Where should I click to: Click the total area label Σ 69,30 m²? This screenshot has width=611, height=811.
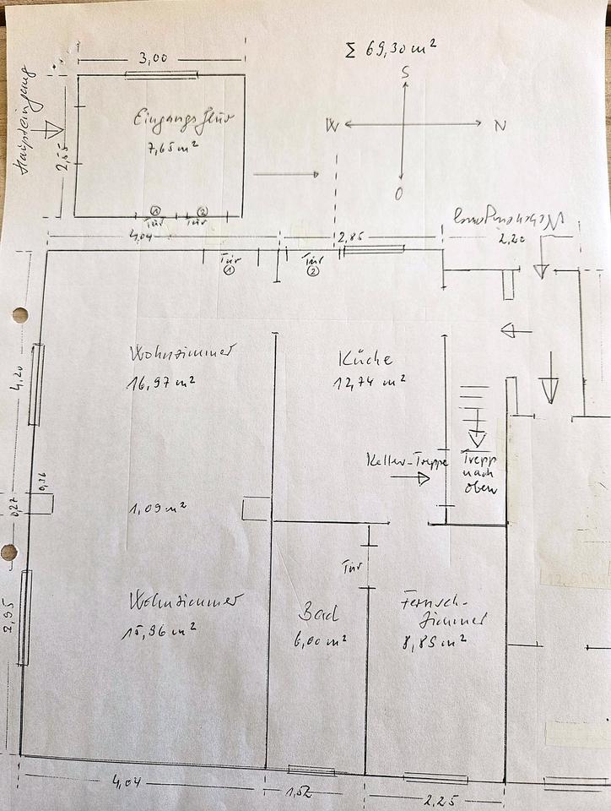click(x=390, y=48)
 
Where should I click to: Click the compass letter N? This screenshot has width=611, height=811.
click(x=500, y=126)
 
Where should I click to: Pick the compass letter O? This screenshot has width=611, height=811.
click(x=398, y=194)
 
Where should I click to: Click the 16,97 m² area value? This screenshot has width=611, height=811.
click(x=162, y=383)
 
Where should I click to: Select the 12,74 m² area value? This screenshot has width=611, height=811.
click(x=369, y=383)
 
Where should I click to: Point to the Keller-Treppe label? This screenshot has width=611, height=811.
click(x=396, y=462)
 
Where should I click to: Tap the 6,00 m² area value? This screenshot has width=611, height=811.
click(x=321, y=641)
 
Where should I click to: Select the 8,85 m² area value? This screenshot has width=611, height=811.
click(x=434, y=641)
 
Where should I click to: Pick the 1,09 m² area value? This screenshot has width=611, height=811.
click(x=158, y=509)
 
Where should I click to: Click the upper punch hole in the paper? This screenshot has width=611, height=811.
click(x=19, y=315)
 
